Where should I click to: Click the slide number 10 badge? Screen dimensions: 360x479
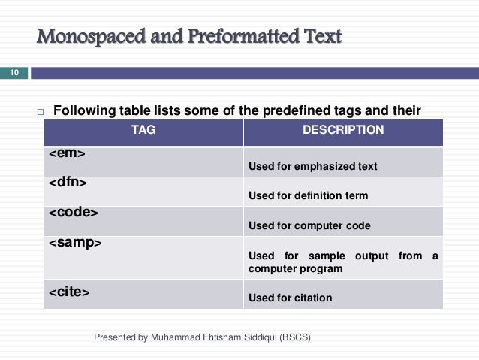coord(14,73)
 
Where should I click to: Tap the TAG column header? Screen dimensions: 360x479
coord(143,130)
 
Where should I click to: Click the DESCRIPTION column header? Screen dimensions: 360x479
coord(342,130)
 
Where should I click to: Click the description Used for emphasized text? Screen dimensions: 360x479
coord(312,166)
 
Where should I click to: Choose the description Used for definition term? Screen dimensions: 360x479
coord(308,195)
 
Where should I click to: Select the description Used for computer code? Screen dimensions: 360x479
coord(309,225)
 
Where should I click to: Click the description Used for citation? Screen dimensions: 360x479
coord(290,298)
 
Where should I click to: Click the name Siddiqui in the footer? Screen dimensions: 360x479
coord(255,337)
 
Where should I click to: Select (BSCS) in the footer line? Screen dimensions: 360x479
coord(294,337)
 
